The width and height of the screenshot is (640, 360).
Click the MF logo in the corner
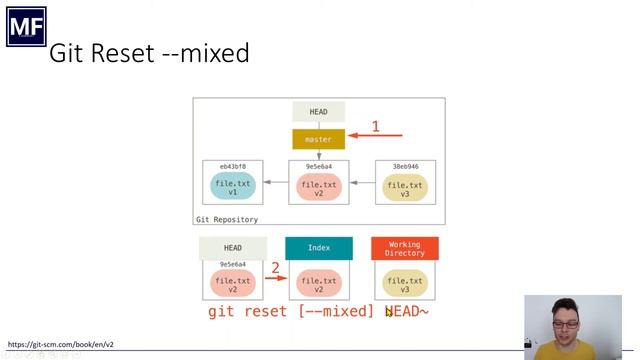click(x=26, y=26)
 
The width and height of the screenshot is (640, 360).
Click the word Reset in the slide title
click(x=123, y=53)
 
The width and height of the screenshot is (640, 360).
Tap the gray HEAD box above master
click(x=318, y=112)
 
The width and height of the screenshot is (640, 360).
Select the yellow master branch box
click(x=318, y=139)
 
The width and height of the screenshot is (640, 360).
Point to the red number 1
click(x=376, y=126)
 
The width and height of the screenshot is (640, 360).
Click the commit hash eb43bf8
click(x=232, y=166)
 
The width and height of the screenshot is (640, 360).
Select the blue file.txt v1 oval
click(x=233, y=186)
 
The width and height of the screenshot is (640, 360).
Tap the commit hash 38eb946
click(x=404, y=166)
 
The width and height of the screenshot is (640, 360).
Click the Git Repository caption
click(x=227, y=219)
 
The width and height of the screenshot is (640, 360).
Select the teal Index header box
click(x=318, y=248)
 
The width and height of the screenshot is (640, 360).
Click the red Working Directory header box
click(x=404, y=248)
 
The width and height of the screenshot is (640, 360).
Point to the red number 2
click(x=275, y=267)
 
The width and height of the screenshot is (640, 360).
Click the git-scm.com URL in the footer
click(x=61, y=344)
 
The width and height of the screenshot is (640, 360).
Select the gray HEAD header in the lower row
click(x=233, y=248)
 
